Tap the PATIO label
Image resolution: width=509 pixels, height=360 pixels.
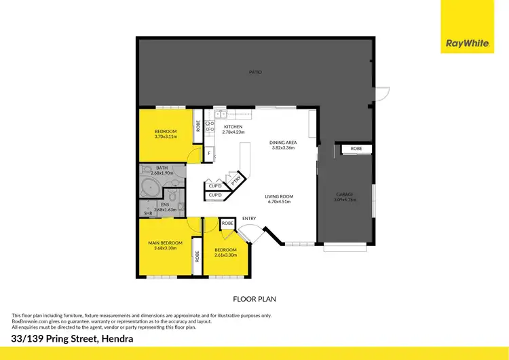pyautogui.click(x=254, y=72)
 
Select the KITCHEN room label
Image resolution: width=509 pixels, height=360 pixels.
pyautogui.click(x=233, y=127)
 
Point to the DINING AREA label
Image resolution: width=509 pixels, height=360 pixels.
pyautogui.click(x=282, y=142)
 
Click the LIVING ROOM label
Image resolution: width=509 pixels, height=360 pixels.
pyautogui.click(x=278, y=196)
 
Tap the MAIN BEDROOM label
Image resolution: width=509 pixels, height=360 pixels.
pyautogui.click(x=166, y=242)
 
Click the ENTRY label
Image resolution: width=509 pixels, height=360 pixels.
pyautogui.click(x=249, y=218)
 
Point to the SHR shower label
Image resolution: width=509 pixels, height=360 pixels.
pyautogui.click(x=147, y=213)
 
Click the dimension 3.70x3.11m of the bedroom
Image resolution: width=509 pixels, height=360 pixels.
pyautogui.click(x=166, y=137)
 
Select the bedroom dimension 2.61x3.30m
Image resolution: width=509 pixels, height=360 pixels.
pyautogui.click(x=225, y=255)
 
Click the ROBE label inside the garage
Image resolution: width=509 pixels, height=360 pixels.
pyautogui.click(x=356, y=149)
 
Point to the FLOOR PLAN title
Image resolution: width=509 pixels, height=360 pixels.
pyautogui.click(x=254, y=298)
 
